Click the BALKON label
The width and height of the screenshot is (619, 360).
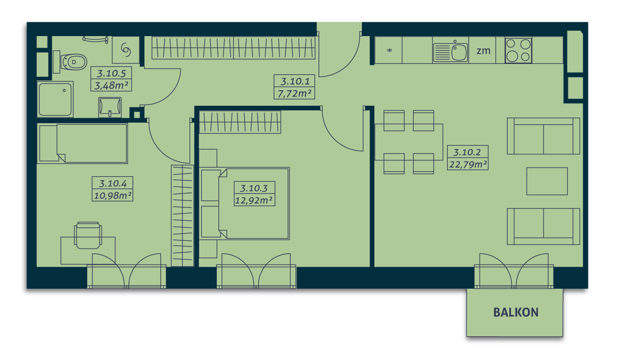point(516,312)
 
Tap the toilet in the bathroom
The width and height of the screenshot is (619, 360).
point(70,62)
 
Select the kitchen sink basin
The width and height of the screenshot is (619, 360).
point(459,52)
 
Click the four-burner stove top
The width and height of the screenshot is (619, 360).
point(518,51)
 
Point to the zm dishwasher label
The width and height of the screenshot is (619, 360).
point(483,51)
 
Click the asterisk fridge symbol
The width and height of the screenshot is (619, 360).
point(389,51)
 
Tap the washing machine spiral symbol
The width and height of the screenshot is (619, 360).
point(126,50)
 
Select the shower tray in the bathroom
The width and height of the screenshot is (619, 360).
point(55,99)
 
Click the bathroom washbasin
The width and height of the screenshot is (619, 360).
point(110,107)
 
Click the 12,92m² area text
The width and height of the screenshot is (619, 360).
point(254,200)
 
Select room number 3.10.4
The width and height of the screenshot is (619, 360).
point(113,184)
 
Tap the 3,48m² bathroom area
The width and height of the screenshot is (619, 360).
point(111,86)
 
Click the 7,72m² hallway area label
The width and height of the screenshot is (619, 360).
point(295,93)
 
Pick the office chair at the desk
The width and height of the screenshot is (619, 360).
point(88,235)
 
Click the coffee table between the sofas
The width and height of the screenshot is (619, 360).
point(547,181)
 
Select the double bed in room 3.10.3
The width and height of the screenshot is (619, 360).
point(245,203)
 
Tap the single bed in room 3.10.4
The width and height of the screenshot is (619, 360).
point(83,143)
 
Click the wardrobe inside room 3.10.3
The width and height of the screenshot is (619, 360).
point(240,122)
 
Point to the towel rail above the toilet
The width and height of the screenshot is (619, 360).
point(95,40)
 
